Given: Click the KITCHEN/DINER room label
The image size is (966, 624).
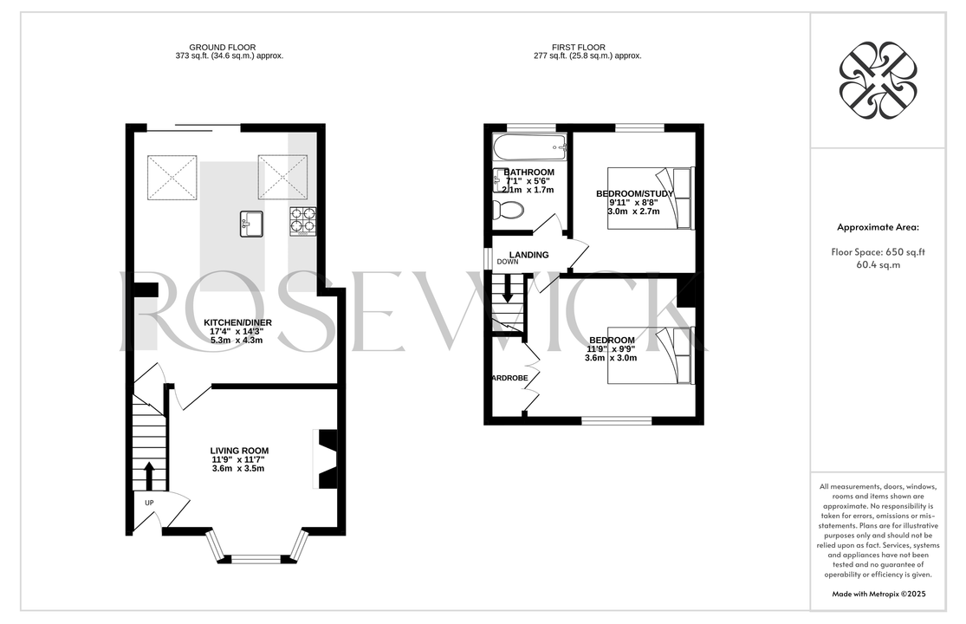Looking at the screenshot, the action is click(237, 322).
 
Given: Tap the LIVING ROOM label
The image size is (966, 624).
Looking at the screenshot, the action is click(240, 451).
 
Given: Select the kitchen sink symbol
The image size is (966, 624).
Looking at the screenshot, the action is click(251, 224).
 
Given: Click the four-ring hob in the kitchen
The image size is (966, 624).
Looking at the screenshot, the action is click(302, 222).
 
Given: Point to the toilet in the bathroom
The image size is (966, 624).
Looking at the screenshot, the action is click(509, 211).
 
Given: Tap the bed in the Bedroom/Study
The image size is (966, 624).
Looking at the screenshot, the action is click(651, 198).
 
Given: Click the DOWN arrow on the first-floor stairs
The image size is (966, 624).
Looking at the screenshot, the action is click(508, 289).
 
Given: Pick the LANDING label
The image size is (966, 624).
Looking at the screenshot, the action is click(528, 255).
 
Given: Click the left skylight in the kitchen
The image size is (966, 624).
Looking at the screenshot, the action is click(172, 178).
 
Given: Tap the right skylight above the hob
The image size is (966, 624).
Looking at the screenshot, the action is click(282, 178).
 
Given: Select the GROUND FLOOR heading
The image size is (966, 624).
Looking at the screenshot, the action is click(223, 48).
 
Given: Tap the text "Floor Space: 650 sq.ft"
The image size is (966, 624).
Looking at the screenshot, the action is click(878, 252).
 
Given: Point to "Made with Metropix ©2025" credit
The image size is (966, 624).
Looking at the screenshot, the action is click(878, 595).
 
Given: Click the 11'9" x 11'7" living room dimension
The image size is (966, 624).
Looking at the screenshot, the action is click(240, 459).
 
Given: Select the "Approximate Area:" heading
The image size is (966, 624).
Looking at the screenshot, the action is click(878, 227).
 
